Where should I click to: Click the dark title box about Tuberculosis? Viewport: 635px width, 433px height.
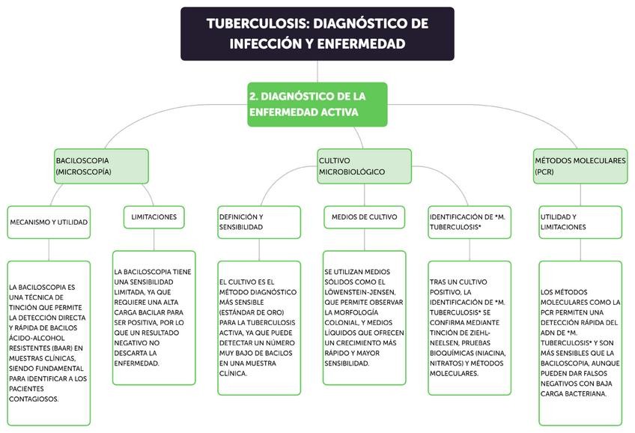(317, 34)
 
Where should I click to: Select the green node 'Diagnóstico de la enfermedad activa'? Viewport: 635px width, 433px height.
(317, 104)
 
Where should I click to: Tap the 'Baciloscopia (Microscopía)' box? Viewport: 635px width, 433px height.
(100, 166)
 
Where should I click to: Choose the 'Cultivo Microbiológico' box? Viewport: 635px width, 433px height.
(364, 166)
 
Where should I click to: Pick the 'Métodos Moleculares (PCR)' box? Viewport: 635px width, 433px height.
(580, 166)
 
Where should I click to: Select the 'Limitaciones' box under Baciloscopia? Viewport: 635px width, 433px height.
(154, 217)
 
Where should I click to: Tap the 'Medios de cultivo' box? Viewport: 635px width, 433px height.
(365, 217)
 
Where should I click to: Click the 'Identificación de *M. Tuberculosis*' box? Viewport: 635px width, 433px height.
(470, 222)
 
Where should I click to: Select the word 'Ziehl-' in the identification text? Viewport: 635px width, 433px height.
(487, 324)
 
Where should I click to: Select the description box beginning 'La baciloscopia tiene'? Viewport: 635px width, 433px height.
(154, 317)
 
